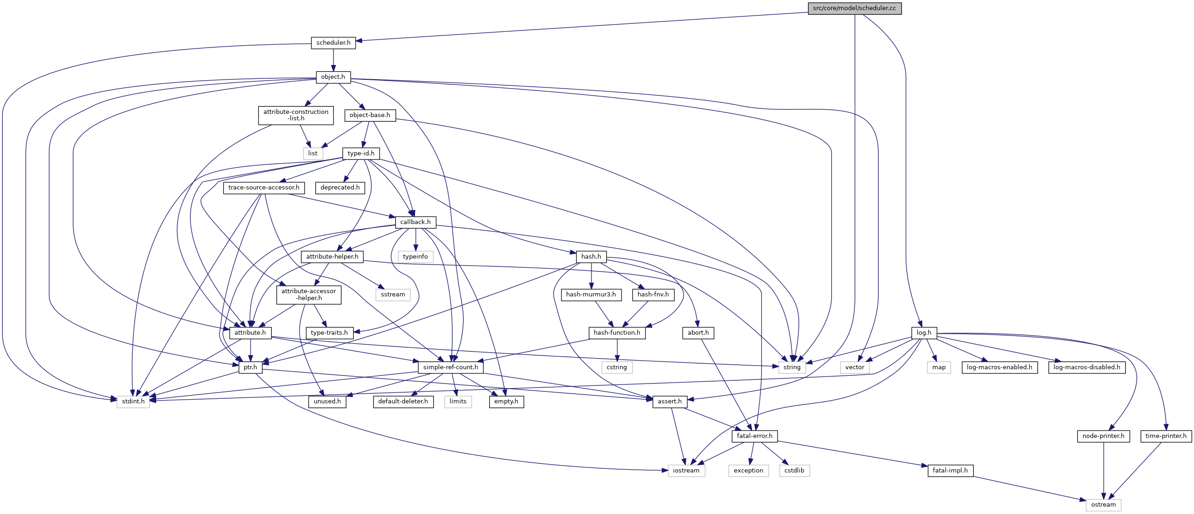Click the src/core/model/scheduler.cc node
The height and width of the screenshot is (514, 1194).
(854, 8)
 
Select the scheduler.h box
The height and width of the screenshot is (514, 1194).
(333, 43)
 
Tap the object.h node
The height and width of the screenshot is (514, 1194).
(333, 77)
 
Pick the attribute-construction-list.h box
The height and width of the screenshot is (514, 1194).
(296, 115)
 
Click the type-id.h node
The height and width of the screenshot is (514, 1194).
(361, 154)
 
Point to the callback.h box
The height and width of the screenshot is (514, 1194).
(416, 222)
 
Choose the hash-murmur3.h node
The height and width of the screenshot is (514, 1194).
(591, 295)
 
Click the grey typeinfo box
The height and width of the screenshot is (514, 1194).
(416, 256)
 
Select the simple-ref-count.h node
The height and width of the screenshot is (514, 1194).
(451, 367)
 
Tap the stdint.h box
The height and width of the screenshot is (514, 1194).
(133, 401)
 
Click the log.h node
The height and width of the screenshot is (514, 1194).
(924, 333)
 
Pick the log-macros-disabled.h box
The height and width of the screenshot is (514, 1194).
(1087, 367)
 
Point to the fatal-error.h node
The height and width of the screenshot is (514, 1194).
(755, 436)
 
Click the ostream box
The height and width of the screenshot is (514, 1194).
(1103, 505)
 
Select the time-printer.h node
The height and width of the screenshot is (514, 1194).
(1166, 436)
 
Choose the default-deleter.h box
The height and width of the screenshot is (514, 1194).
(403, 401)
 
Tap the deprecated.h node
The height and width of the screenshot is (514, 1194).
(340, 188)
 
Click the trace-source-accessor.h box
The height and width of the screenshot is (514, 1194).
(264, 188)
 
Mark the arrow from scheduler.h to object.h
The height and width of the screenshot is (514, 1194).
(333, 60)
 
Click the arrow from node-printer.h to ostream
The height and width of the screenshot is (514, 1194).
(1103, 470)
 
